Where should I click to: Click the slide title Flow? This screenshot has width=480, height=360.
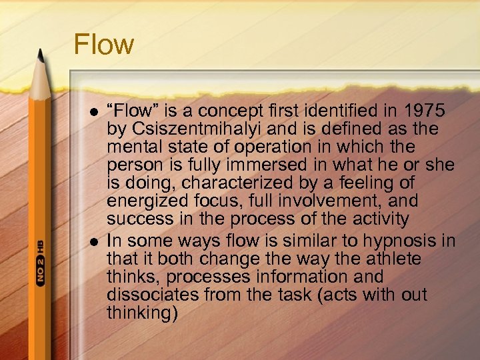(x=103, y=45)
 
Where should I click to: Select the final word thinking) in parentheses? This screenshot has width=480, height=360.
(x=143, y=312)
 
